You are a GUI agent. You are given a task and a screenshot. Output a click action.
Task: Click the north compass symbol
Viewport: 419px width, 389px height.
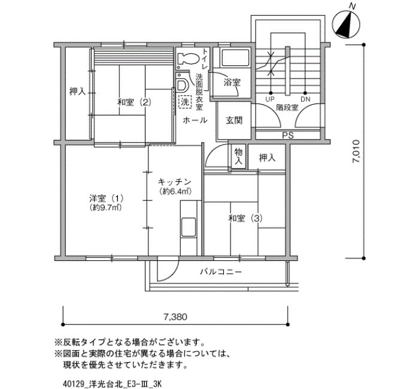pos(346,23)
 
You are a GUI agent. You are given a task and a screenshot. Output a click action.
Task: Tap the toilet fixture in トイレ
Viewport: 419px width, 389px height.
pos(187,59)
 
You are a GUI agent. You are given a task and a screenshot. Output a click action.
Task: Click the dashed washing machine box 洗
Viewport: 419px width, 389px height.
pos(185,102)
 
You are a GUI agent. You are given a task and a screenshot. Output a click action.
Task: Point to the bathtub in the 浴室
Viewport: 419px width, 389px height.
pos(235,58)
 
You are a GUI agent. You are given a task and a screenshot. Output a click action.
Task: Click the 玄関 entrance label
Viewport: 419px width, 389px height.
pos(234,121)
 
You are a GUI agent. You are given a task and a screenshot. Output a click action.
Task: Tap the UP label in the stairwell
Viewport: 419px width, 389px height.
pos(270,99)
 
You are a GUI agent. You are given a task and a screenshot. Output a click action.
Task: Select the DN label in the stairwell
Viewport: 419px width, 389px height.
pos(305,99)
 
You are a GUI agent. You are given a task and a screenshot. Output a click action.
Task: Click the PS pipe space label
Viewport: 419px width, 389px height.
pos(288,135)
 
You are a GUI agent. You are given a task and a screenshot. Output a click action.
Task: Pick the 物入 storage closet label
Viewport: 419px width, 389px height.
pos(238,157)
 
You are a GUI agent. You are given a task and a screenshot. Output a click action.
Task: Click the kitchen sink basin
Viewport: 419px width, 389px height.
pos(189,227)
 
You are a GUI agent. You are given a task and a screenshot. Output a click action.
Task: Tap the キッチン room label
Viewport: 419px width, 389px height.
pos(175,182)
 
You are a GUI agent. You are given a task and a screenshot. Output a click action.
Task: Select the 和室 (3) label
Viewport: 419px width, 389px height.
pos(245,218)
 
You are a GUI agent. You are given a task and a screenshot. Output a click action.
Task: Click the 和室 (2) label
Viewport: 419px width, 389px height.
pos(135,102)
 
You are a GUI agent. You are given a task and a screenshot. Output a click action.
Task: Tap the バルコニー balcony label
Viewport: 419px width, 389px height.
pos(221,272)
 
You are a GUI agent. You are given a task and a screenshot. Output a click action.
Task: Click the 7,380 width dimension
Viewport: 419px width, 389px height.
pos(175,317)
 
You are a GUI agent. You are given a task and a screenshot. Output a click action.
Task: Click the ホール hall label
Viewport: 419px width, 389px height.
pos(195,120)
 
